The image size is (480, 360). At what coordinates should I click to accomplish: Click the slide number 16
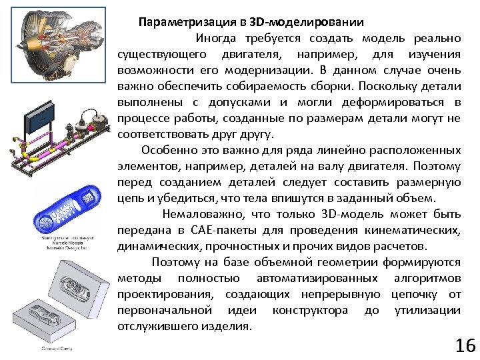[465, 345]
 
